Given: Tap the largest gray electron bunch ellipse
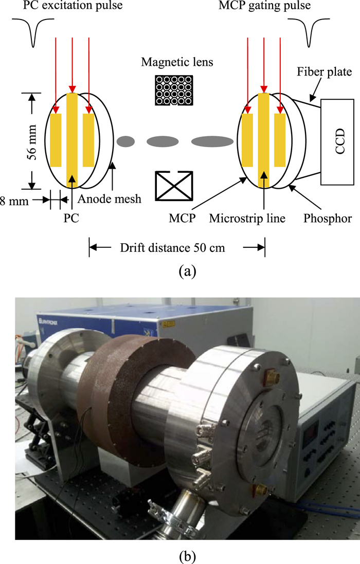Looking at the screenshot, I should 212,141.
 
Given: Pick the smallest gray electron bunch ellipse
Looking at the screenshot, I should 126,140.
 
